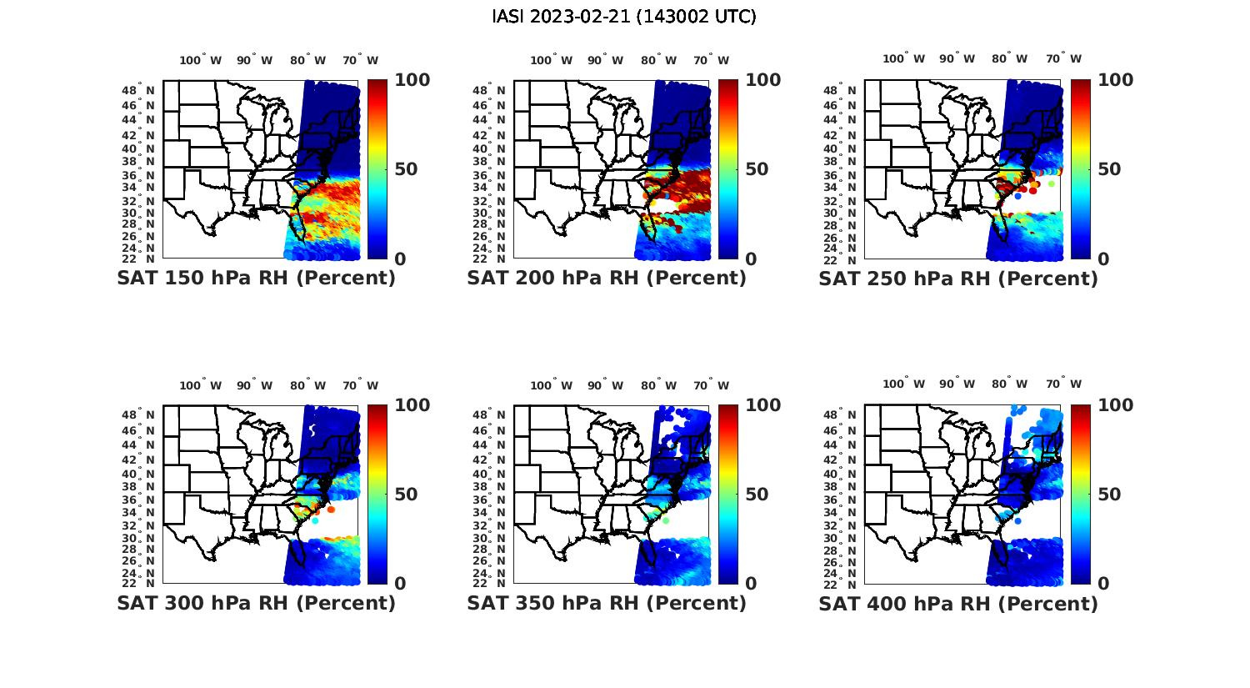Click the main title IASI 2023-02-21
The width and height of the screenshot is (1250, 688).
[624, 17]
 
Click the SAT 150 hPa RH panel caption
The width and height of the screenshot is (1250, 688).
[256, 279]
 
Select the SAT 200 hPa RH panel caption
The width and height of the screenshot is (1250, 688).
[607, 279]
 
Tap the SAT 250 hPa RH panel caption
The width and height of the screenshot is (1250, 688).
[958, 279]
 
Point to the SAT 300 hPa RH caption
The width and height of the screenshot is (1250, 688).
[256, 603]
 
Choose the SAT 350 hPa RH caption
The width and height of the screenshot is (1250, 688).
[607, 603]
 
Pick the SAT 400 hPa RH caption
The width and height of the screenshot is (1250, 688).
[958, 603]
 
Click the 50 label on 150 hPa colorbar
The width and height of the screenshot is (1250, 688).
[405, 169]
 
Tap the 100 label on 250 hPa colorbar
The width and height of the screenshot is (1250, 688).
[1115, 80]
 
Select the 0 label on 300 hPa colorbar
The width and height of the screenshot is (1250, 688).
[400, 584]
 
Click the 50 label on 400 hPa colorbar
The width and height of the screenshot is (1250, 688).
[1108, 495]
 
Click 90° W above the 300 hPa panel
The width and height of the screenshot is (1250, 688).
[254, 385]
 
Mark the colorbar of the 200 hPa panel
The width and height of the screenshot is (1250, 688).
[728, 169]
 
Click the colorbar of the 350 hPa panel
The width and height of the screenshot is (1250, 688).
[728, 495]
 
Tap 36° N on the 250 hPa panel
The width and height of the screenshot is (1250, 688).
[847, 175]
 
